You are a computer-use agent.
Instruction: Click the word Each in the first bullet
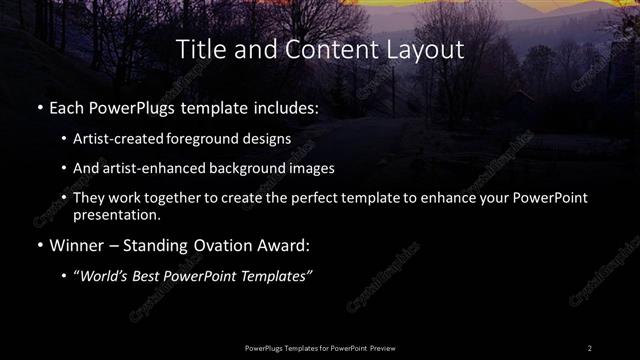click(64, 105)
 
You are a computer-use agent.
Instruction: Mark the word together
click(183, 199)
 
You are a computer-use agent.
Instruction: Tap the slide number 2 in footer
click(589, 347)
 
